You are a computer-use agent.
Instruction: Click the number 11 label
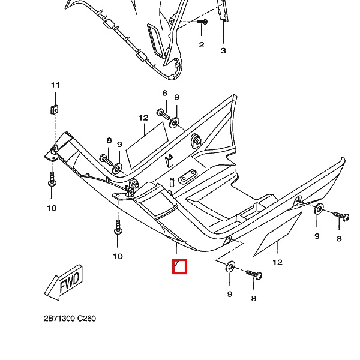[x=55, y=85]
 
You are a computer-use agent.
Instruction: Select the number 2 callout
[x=202, y=44]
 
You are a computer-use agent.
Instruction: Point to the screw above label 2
[x=202, y=22]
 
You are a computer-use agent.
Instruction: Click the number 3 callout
[x=223, y=50]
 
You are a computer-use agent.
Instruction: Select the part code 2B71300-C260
[x=70, y=319]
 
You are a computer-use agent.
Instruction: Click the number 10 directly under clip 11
[x=52, y=208]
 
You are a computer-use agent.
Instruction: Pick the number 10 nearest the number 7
[x=118, y=256]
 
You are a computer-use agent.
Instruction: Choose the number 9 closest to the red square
[x=229, y=294]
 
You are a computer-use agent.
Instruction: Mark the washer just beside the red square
[x=230, y=266]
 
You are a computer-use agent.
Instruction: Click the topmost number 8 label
[x=164, y=93]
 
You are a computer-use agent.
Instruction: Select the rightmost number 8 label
[x=339, y=238]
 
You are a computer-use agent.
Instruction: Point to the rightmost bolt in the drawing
[x=341, y=215]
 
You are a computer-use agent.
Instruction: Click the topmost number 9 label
[x=177, y=98]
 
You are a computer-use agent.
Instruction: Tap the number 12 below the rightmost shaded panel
[x=277, y=262]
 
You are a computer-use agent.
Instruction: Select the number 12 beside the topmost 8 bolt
[x=143, y=118]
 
